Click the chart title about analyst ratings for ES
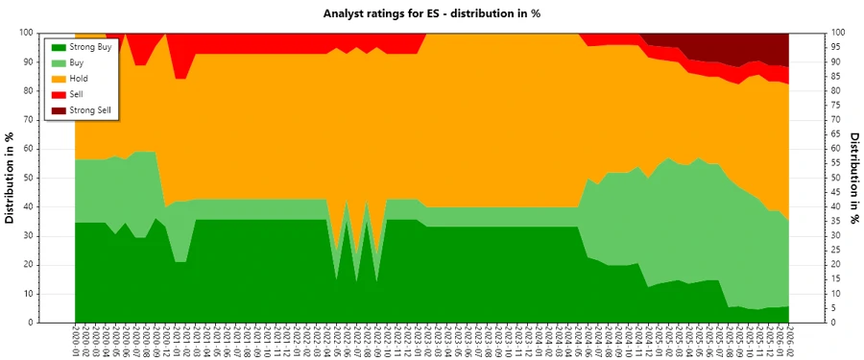(x=432, y=13)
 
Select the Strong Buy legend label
(x=90, y=47)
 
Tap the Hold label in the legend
(x=81, y=79)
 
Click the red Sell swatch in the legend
(x=59, y=94)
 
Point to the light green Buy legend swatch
(x=59, y=62)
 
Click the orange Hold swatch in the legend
(x=59, y=79)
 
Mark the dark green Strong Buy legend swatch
(x=59, y=47)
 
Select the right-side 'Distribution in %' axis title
(x=852, y=178)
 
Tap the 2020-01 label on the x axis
(x=75, y=340)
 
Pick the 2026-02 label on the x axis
(x=789, y=340)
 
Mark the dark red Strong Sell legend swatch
(x=59, y=110)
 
